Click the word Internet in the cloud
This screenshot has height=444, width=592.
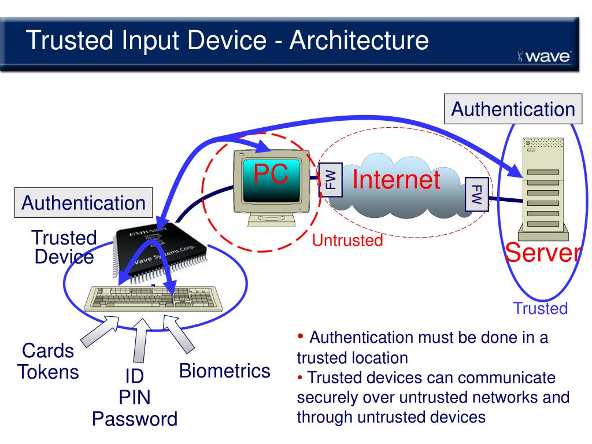point(397,180)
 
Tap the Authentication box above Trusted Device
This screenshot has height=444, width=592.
point(83,202)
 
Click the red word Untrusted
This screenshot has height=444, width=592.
point(347,240)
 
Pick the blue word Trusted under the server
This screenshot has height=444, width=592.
point(540,309)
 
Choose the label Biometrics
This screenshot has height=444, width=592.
point(225,371)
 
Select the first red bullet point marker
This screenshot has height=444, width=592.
point(299,336)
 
